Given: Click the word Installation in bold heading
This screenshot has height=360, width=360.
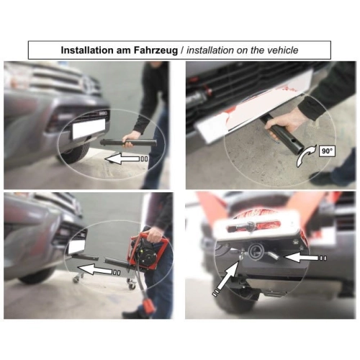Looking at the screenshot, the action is click(x=87, y=50).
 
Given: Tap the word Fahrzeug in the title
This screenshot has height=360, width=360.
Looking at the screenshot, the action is click(x=156, y=50).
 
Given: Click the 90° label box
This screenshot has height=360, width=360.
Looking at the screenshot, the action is click(x=327, y=151).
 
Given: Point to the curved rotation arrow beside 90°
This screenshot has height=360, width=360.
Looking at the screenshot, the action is click(x=305, y=157).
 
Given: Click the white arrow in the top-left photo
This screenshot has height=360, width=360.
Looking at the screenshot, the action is click(x=126, y=159).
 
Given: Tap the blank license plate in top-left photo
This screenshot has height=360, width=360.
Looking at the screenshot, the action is click(x=89, y=128).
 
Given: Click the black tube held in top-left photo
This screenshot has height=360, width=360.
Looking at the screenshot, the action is click(x=128, y=143).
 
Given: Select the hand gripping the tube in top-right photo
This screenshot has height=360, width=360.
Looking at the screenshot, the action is click(x=283, y=124).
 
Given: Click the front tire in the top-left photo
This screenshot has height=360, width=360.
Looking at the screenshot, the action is click(x=74, y=153).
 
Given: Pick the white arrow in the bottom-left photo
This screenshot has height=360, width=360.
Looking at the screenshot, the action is click(x=99, y=270).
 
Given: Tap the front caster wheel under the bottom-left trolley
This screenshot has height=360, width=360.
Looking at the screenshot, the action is click(x=77, y=279).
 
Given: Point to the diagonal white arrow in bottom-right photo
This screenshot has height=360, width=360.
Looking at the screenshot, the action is click(x=226, y=279).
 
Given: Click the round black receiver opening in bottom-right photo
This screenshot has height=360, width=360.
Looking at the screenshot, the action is click(x=256, y=252).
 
